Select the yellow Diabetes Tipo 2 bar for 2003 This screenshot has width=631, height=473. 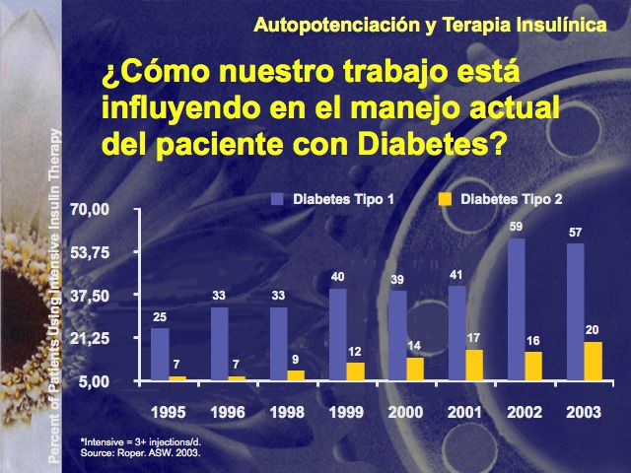pyautogui.click(x=593, y=361)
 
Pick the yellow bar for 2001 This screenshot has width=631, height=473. pyautogui.click(x=473, y=365)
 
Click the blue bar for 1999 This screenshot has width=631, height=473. pyautogui.click(x=337, y=334)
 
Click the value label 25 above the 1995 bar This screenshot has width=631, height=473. pyautogui.click(x=160, y=317)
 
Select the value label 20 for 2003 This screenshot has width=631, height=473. pyautogui.click(x=593, y=330)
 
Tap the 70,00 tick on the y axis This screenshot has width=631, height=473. pyautogui.click(x=90, y=209)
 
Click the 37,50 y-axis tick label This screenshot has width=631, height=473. pyautogui.click(x=90, y=295)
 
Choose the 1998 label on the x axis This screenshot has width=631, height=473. pyautogui.click(x=286, y=410)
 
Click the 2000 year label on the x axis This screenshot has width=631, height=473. pyautogui.click(x=405, y=410)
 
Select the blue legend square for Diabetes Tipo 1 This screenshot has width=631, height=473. pyautogui.click(x=277, y=199)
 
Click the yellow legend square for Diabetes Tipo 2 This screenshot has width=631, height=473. pyautogui.click(x=445, y=199)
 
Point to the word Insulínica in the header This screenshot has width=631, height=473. pyautogui.click(x=562, y=24)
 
